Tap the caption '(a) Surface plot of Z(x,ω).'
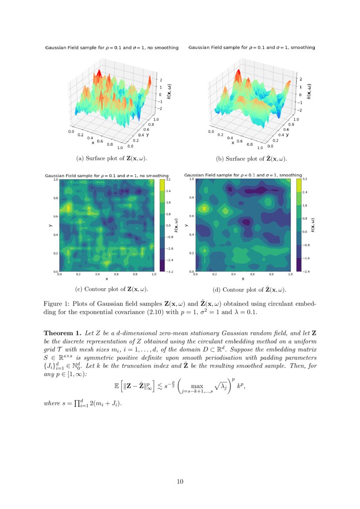coord(114,158)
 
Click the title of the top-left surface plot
coord(112,47)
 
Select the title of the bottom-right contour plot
coord(243,175)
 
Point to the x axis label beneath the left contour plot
coord(107,279)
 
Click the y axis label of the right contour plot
coord(187,225)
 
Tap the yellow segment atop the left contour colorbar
coord(162,185)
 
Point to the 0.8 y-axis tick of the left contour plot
coord(56,198)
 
